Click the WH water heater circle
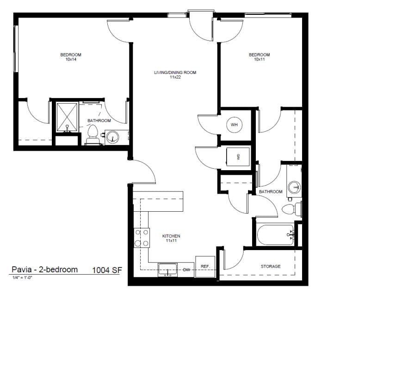234,124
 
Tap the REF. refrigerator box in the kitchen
205,267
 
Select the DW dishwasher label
187,270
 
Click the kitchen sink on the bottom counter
167,270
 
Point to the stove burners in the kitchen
141,238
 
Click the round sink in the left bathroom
112,137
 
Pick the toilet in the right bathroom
291,209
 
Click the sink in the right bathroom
294,187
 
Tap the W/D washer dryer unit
238,157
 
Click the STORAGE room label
271,266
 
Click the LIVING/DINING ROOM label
175,72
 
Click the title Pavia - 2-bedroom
44,270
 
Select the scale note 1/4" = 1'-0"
22,277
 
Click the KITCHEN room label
171,236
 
